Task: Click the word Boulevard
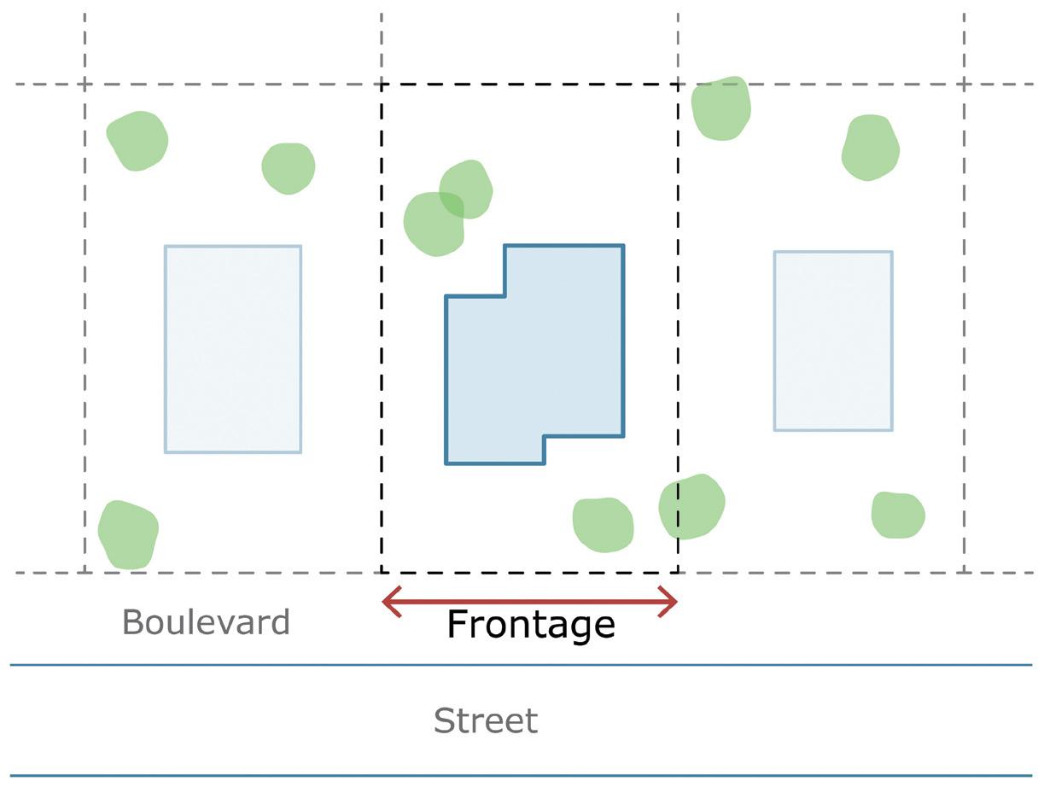206,622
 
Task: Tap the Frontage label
530,625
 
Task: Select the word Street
485,721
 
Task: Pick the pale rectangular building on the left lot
233,349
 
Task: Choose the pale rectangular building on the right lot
833,341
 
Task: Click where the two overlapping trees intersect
452,206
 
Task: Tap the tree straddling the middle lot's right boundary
691,506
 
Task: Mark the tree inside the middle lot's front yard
603,524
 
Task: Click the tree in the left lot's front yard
129,534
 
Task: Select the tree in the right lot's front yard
898,515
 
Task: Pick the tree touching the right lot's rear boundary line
721,108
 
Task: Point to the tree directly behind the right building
870,148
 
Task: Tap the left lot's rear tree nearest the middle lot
289,168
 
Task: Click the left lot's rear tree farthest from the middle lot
137,141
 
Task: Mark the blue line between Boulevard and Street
521,664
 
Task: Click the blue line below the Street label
521,776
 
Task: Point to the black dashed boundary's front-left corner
382,573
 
